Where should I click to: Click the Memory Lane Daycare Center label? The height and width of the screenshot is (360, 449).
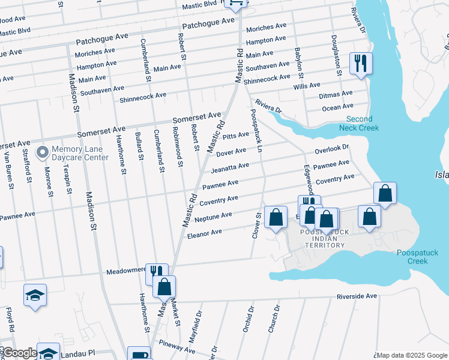80,154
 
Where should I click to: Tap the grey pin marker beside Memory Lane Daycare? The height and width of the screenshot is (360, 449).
42,153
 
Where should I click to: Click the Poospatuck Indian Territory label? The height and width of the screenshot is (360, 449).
324,239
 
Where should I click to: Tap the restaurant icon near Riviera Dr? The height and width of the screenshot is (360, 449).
361,63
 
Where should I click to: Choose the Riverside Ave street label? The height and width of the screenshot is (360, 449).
357,296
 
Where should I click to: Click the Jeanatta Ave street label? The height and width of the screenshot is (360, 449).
229,166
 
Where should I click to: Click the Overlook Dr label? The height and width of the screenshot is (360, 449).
332,148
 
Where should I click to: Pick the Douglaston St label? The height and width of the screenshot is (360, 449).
336,55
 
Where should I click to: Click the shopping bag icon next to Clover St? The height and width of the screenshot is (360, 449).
276,218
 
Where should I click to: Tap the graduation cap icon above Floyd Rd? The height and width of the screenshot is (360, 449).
35,295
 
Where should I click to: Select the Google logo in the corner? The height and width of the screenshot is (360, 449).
20,353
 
